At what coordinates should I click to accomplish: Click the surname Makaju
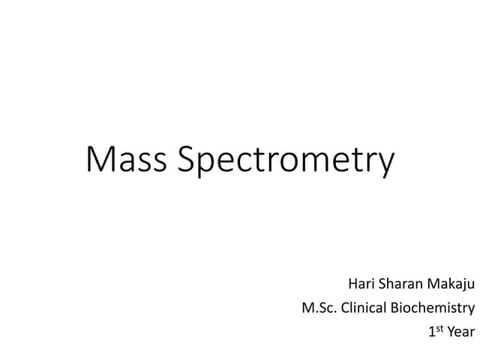pos(451,285)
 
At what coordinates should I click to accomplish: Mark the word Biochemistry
pos(433,308)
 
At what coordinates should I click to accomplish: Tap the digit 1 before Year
pos(430,331)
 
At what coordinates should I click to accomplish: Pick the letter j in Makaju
pos(463,286)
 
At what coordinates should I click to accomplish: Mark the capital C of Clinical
pos(346,307)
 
